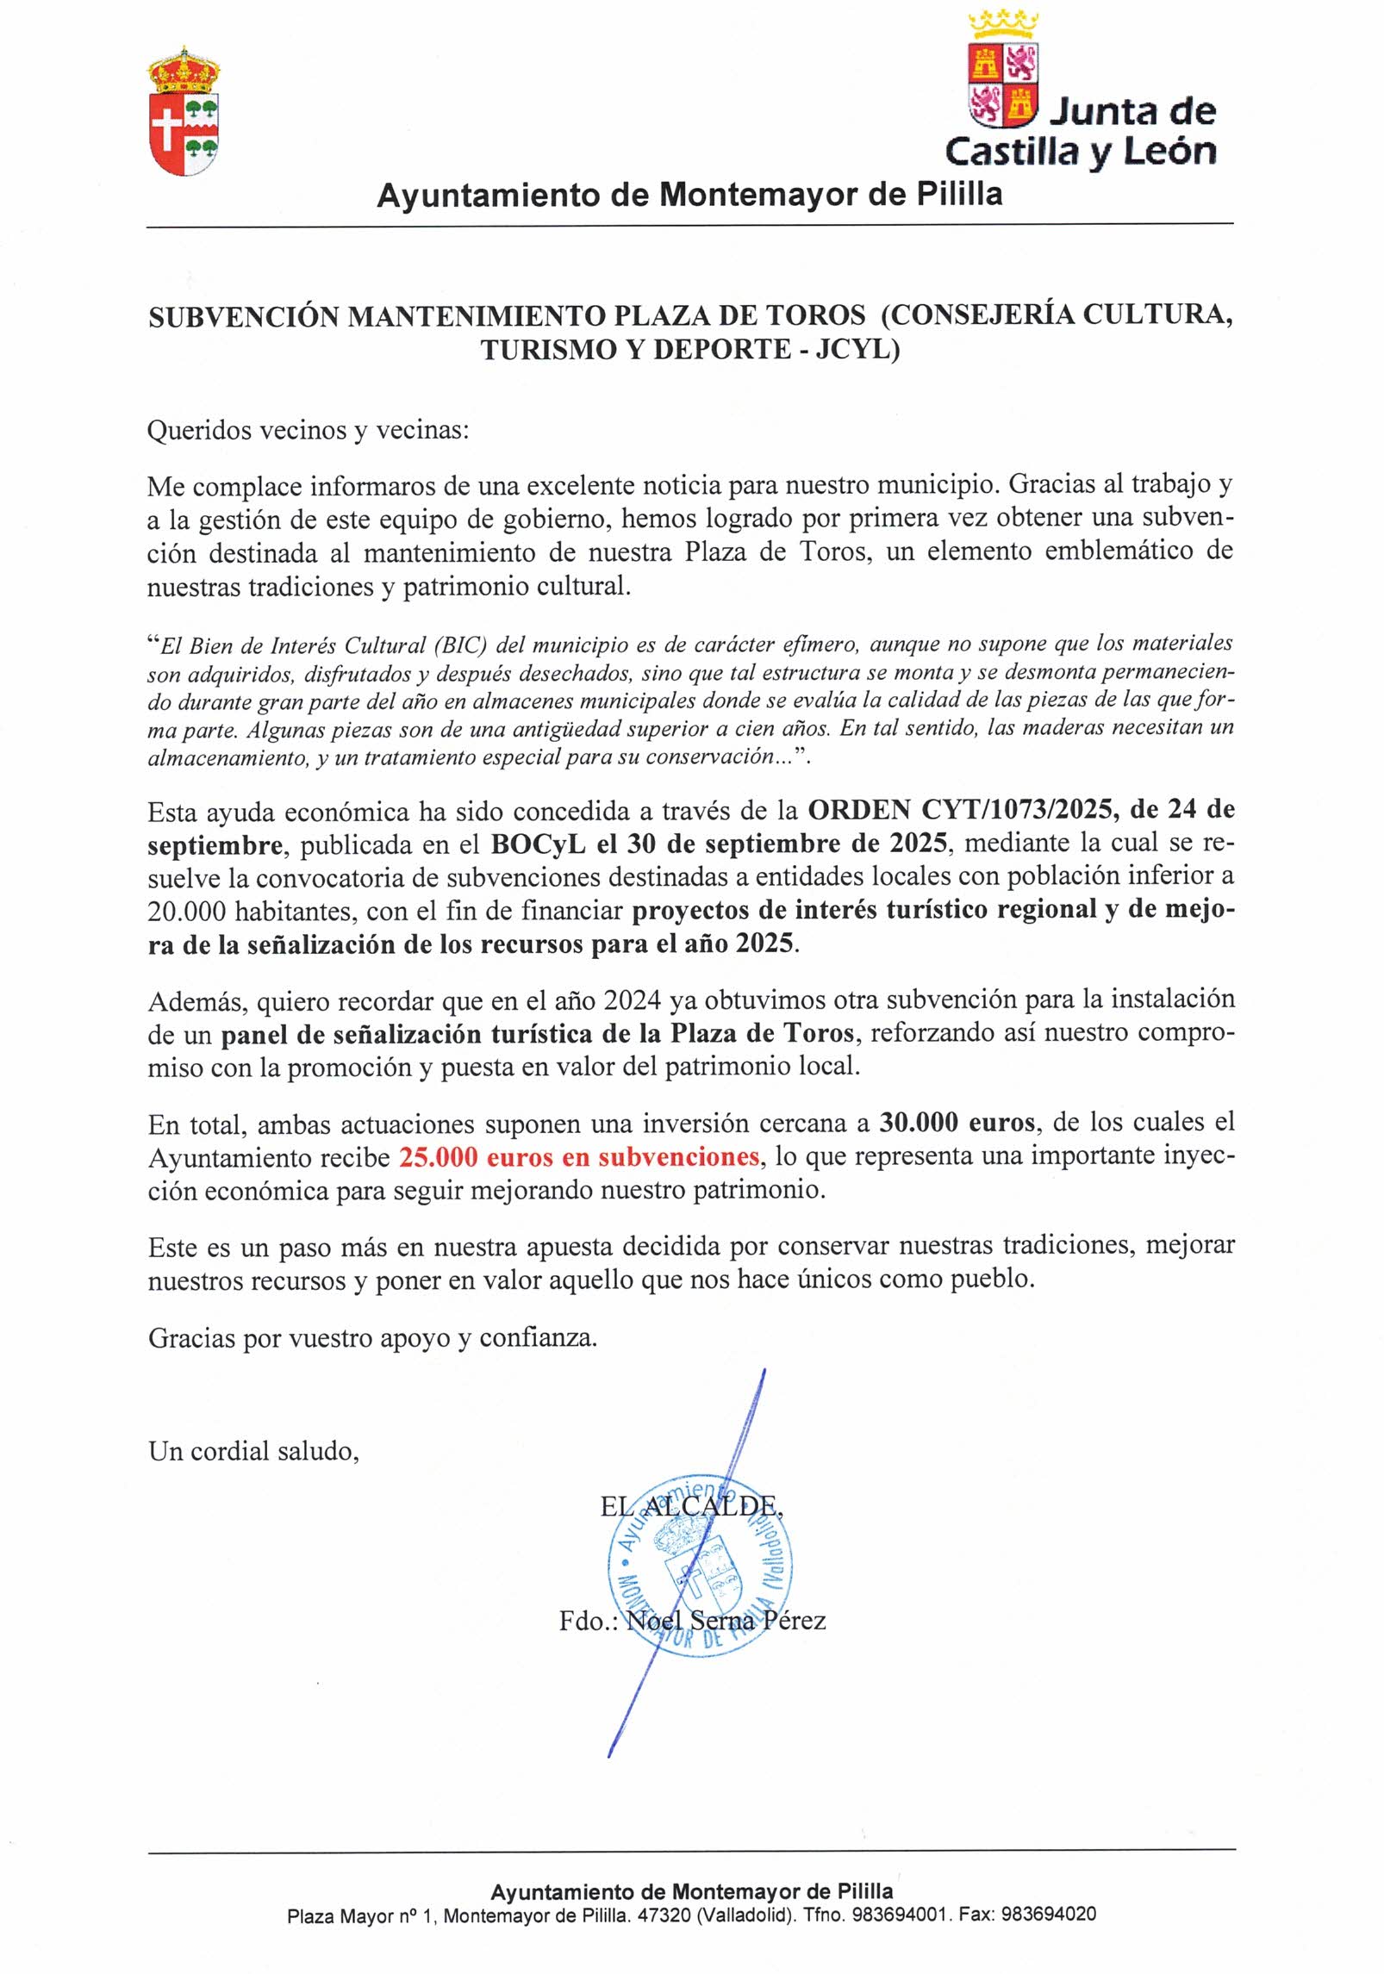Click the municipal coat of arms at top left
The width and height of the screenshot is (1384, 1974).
[184, 112]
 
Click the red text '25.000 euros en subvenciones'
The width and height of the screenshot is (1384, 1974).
[578, 1156]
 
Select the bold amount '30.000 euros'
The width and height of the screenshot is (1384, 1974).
[957, 1122]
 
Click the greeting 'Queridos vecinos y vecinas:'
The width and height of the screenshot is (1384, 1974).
[308, 429]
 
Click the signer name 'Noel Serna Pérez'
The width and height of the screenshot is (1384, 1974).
[726, 1621]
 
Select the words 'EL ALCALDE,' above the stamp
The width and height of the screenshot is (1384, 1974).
[691, 1506]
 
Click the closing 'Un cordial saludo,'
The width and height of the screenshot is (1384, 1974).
[253, 1451]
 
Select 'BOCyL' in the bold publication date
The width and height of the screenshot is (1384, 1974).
[539, 844]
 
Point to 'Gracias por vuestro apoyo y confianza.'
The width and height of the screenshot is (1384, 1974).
[372, 1337]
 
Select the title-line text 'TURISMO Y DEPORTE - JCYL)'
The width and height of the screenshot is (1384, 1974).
[690, 350]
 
